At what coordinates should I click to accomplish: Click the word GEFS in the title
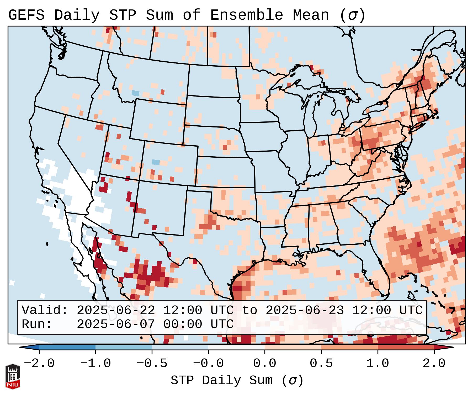pyautogui.click(x=26, y=15)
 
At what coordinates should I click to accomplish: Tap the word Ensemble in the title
pyautogui.click(x=246, y=15)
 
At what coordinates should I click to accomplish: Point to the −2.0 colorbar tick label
pyautogui.click(x=39, y=364)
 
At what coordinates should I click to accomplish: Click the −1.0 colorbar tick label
pyautogui.click(x=95, y=364)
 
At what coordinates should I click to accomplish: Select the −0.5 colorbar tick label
pyautogui.click(x=152, y=364)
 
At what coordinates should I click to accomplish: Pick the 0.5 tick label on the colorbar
pyautogui.click(x=321, y=364)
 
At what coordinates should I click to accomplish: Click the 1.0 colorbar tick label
pyautogui.click(x=378, y=364)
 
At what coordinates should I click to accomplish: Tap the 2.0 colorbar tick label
pyautogui.click(x=434, y=364)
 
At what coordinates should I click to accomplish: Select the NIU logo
pyautogui.click(x=13, y=376)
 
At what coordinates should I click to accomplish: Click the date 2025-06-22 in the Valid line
pyautogui.click(x=115, y=310)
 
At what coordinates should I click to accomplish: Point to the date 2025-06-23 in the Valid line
pyautogui.click(x=304, y=310)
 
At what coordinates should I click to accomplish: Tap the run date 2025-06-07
pyautogui.click(x=115, y=324)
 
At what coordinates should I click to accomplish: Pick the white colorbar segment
pyautogui.click(x=236, y=347)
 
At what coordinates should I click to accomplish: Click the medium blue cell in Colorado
pyautogui.click(x=156, y=162)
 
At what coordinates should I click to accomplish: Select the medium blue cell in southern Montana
pyautogui.click(x=135, y=93)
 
